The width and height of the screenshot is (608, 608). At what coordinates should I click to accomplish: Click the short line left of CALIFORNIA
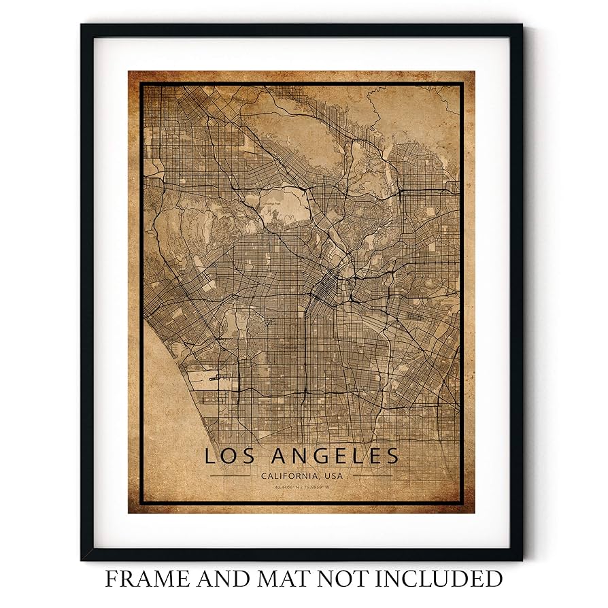231,476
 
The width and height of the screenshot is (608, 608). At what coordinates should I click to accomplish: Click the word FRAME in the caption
142,579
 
